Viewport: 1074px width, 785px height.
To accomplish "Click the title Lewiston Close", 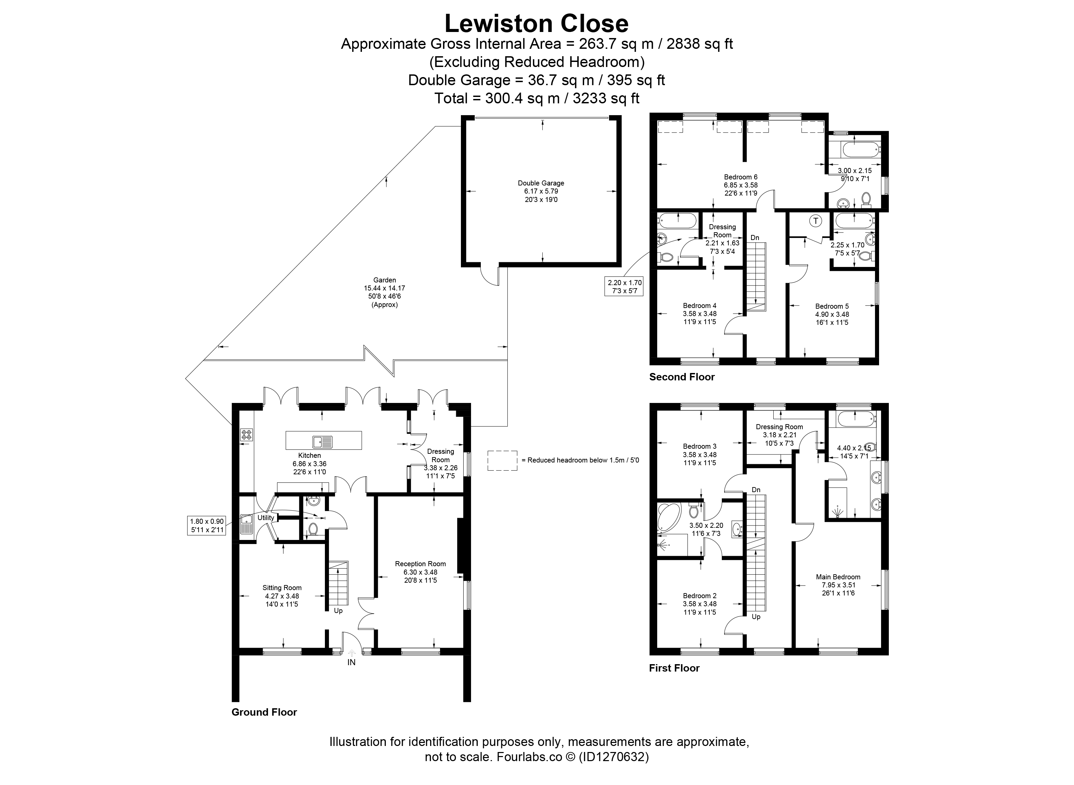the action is (x=537, y=23).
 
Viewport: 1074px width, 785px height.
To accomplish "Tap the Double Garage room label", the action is (x=541, y=183).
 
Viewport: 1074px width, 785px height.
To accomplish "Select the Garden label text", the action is (x=384, y=280).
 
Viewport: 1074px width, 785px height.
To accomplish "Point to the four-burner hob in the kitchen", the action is (x=247, y=434).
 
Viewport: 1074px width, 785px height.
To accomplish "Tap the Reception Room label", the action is (x=420, y=564).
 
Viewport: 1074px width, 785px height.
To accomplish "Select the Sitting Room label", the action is (x=282, y=588).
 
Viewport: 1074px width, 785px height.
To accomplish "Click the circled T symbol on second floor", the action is (x=815, y=221).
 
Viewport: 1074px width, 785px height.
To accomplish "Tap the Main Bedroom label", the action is (x=838, y=577).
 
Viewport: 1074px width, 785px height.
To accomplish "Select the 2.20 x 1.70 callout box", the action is (x=625, y=286).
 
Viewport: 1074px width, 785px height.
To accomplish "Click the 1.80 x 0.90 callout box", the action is (x=206, y=525).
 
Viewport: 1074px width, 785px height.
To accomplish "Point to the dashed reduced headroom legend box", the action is (x=502, y=460).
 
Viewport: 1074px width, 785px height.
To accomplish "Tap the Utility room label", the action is (x=266, y=518).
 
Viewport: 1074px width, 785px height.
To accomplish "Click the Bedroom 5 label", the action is (x=832, y=306).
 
